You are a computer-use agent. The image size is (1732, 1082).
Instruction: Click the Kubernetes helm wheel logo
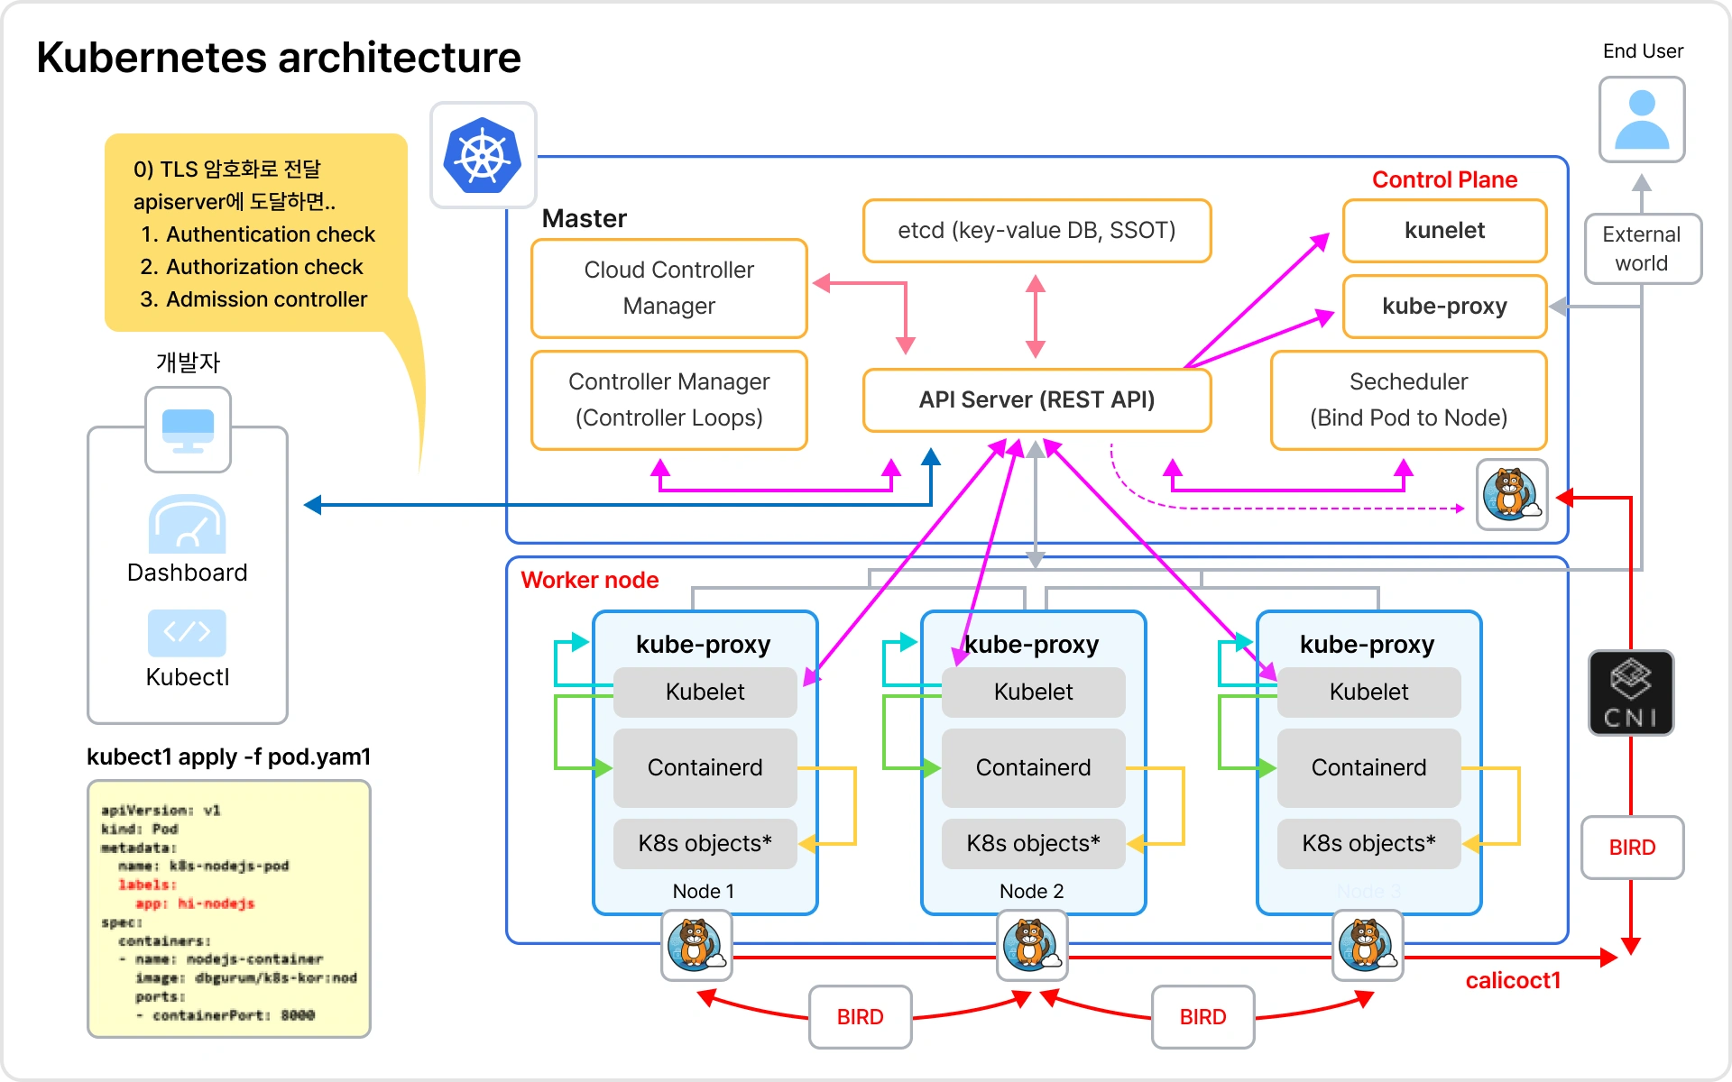pyautogui.click(x=483, y=155)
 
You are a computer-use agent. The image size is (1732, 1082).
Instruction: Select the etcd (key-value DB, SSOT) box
pyautogui.click(x=1036, y=231)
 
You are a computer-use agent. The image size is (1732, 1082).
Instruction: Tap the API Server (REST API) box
pyautogui.click(x=1036, y=399)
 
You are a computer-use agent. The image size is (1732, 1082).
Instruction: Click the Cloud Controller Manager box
pyautogui.click(x=668, y=288)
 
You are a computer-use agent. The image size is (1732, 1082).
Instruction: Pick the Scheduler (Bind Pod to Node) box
pyautogui.click(x=1408, y=399)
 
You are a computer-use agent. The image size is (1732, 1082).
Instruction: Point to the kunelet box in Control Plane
pyautogui.click(x=1444, y=231)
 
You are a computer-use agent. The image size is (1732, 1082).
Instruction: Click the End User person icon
pyautogui.click(x=1642, y=119)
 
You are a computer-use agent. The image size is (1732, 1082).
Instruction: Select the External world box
pyautogui.click(x=1642, y=249)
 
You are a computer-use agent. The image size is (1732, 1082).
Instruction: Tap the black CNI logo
pyautogui.click(x=1631, y=692)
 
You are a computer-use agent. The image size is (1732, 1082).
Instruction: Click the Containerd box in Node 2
pyautogui.click(x=1033, y=767)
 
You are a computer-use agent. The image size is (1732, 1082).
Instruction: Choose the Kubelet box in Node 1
pyautogui.click(x=705, y=692)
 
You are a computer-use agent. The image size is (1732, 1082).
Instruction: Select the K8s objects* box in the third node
pyautogui.click(x=1368, y=843)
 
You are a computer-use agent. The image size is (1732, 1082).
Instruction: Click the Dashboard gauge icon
pyautogui.click(x=187, y=525)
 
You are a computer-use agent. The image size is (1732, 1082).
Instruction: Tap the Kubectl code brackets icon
pyautogui.click(x=187, y=632)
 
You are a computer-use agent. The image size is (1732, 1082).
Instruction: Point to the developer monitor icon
pyautogui.click(x=188, y=430)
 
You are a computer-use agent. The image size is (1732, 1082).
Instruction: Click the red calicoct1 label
pyautogui.click(x=1513, y=980)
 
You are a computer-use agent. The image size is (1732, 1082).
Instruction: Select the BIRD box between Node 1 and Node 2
pyautogui.click(x=860, y=1017)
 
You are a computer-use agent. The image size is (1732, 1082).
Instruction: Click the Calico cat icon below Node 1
pyautogui.click(x=696, y=945)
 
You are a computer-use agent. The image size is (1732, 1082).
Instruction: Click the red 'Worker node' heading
pyautogui.click(x=589, y=580)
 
